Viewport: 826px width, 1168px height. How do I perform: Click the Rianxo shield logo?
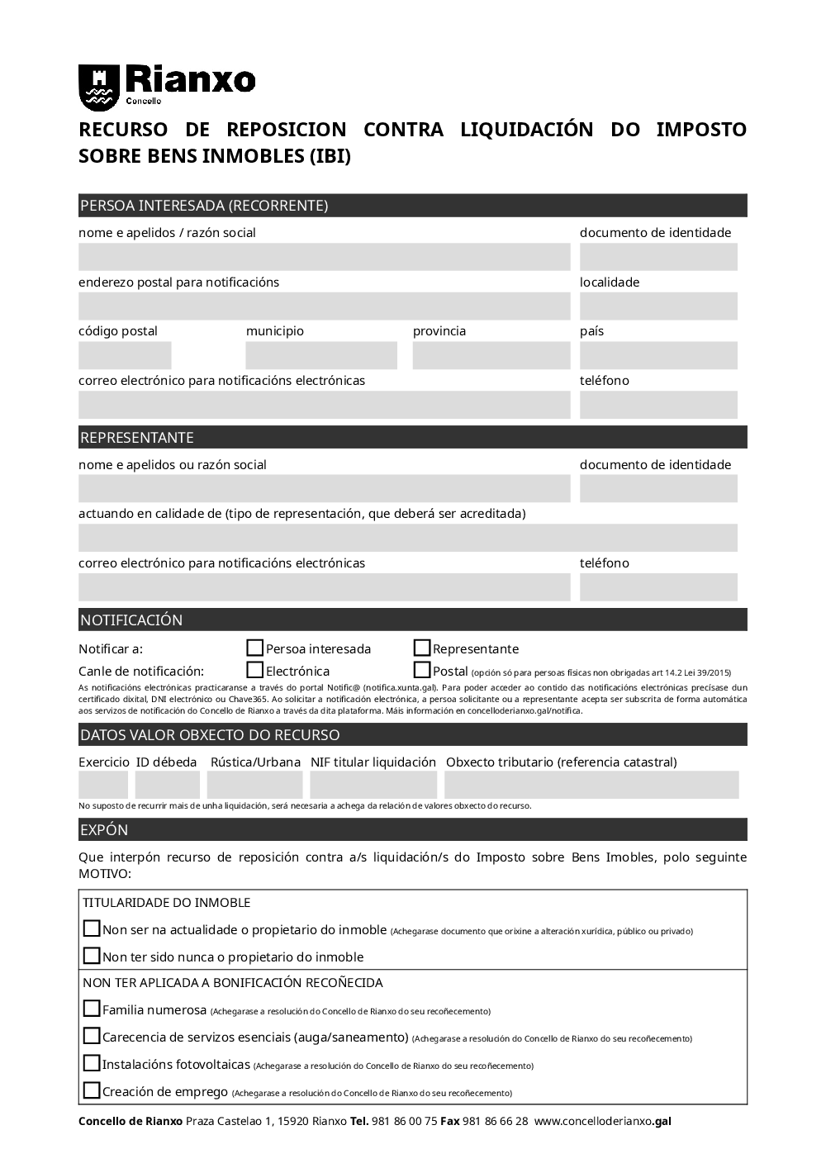(x=98, y=87)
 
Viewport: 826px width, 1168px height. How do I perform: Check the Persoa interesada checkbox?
(x=255, y=648)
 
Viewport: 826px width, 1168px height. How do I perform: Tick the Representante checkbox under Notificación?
(x=422, y=648)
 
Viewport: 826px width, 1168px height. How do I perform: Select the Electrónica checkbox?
(x=255, y=671)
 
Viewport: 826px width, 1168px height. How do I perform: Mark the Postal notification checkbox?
(x=422, y=671)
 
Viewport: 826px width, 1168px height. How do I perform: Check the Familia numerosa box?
(x=92, y=1009)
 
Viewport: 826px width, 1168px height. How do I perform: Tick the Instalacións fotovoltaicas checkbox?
(x=92, y=1063)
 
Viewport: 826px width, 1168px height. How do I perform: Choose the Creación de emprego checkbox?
(x=92, y=1090)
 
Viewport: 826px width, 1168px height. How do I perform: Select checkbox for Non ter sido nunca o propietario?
(x=92, y=956)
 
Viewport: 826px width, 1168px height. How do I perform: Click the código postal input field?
(x=125, y=356)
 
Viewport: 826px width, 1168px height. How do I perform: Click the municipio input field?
(x=321, y=356)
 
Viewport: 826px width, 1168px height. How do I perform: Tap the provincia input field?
(x=491, y=356)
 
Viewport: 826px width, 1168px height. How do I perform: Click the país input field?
(x=658, y=356)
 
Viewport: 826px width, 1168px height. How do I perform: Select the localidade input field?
(x=658, y=306)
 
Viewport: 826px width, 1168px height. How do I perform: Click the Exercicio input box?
(x=103, y=785)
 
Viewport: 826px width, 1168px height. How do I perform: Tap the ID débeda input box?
(x=168, y=785)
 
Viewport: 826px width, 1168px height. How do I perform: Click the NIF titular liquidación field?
(x=373, y=785)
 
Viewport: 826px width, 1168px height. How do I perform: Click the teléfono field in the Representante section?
(x=658, y=587)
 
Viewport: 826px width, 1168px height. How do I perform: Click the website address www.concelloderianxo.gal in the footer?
(x=603, y=1122)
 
